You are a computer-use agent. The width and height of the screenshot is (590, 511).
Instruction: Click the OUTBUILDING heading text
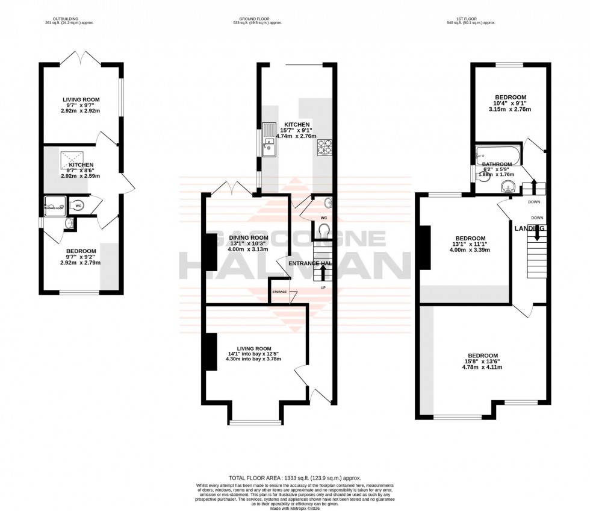point(82,19)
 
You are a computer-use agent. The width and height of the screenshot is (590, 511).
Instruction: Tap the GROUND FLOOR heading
point(257,19)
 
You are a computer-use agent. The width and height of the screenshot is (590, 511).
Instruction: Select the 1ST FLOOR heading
point(470,19)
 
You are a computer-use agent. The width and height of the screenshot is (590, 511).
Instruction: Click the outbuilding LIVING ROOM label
point(81,99)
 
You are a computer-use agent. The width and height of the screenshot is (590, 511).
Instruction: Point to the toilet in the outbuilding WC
point(79,205)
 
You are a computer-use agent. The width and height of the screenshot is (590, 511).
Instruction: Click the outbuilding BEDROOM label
point(81,251)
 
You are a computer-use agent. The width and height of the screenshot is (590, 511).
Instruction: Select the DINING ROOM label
point(249,238)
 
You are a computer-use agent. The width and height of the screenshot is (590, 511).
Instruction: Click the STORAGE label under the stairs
point(279,292)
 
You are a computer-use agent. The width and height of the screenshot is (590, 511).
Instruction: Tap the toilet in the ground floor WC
point(324,230)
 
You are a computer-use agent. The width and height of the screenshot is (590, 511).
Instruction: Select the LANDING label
point(530,228)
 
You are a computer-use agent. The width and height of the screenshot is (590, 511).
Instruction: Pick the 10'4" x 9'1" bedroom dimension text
point(511,104)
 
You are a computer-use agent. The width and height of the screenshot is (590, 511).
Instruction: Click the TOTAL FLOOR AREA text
point(295,477)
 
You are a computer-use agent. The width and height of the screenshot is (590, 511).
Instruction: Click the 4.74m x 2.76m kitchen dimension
point(296,137)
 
